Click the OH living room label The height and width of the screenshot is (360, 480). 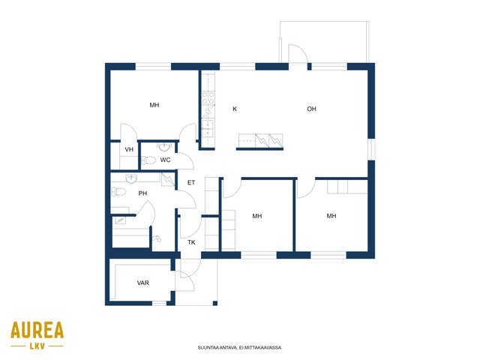[x=311, y=109]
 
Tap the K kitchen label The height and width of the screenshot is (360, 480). [x=235, y=109]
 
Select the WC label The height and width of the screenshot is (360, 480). [x=165, y=160]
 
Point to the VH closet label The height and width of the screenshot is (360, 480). [x=129, y=149]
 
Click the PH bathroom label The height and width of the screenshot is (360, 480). [x=142, y=193]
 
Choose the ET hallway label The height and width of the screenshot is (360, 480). [x=191, y=182]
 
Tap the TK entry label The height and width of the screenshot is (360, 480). [x=191, y=242]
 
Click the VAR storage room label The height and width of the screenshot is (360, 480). [x=143, y=283]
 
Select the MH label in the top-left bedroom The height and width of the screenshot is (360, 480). [x=154, y=105]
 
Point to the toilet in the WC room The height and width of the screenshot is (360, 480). [x=148, y=160]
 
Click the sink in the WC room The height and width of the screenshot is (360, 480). [x=164, y=147]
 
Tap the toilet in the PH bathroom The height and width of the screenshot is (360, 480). [x=118, y=192]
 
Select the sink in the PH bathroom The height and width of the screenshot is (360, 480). [x=131, y=179]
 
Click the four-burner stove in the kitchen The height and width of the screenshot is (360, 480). [x=208, y=98]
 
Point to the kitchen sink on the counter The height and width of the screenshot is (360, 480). [x=207, y=128]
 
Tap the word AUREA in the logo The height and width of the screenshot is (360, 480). [x=37, y=330]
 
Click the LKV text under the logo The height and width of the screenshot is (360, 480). [x=37, y=346]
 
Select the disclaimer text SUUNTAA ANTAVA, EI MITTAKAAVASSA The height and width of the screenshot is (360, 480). [x=240, y=348]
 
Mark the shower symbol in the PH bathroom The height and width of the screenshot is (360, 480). [x=157, y=238]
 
